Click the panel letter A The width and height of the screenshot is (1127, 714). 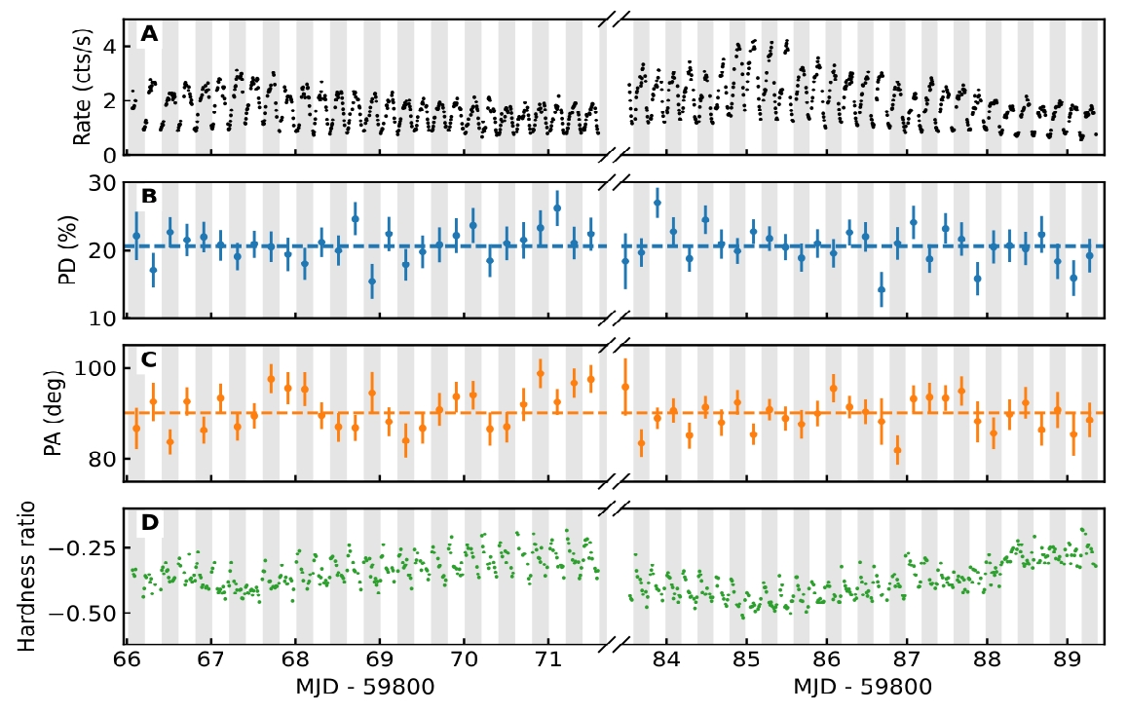pyautogui.click(x=148, y=35)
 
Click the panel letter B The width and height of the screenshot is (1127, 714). pyautogui.click(x=148, y=196)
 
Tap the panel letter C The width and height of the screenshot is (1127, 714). pyautogui.click(x=148, y=359)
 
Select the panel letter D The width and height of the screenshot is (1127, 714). pyautogui.click(x=149, y=523)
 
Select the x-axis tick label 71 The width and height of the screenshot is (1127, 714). pyautogui.click(x=548, y=662)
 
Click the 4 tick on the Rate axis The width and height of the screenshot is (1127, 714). pyautogui.click(x=109, y=47)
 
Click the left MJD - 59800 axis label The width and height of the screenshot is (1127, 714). pyautogui.click(x=364, y=687)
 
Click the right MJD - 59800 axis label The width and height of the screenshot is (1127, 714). pyautogui.click(x=862, y=687)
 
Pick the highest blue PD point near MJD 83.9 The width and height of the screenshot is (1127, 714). pyautogui.click(x=657, y=203)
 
